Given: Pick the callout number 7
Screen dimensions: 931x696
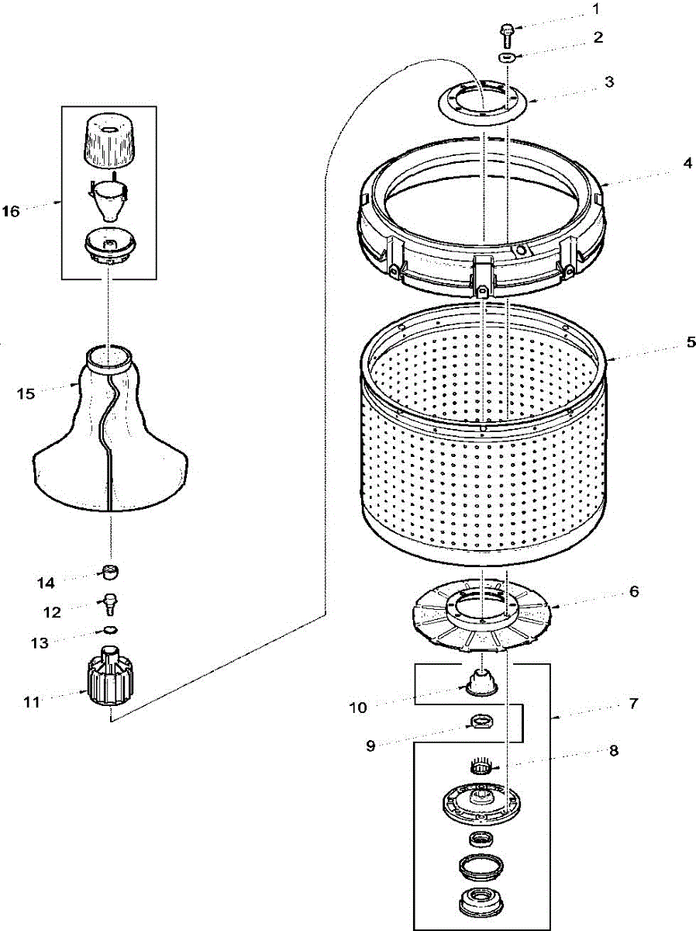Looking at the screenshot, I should click(x=633, y=704).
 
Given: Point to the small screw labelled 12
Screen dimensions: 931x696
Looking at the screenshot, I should click(x=112, y=602).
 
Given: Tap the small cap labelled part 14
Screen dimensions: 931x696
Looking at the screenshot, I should click(x=112, y=573).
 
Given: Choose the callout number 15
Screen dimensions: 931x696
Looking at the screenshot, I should click(x=26, y=394).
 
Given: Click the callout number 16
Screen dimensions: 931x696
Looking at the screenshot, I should click(x=12, y=211).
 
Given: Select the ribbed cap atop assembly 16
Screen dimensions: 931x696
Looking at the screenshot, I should click(x=109, y=140).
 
